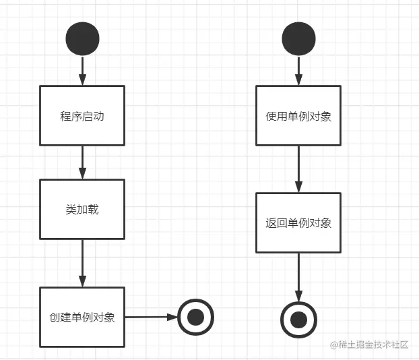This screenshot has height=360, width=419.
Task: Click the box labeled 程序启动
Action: point(82,115)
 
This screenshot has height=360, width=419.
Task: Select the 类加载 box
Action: point(82,209)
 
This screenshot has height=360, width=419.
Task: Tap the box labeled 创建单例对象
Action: point(82,317)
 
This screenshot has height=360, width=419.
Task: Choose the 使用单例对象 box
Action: point(298,115)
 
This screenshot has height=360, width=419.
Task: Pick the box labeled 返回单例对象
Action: point(298,222)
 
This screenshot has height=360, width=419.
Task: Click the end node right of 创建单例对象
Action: point(195,316)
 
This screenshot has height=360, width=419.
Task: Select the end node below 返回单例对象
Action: point(298,319)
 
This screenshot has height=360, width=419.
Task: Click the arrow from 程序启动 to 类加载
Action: point(82,162)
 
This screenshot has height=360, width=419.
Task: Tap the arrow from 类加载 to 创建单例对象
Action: point(82,263)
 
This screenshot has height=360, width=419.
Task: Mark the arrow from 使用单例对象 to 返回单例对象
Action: point(298,169)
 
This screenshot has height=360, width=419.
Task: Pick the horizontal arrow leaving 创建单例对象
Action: point(151,316)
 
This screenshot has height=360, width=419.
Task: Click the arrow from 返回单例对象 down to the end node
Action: point(298,276)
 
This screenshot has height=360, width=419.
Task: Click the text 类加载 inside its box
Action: point(82,209)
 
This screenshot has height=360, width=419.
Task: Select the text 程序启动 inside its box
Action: point(82,115)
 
